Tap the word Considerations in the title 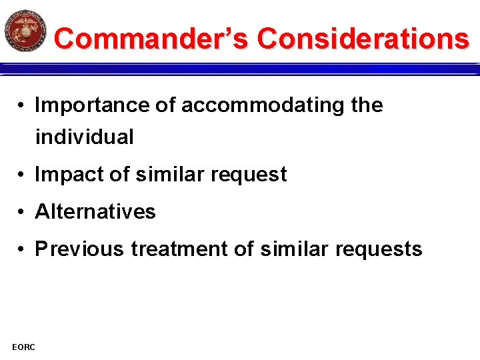click(x=363, y=38)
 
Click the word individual click(x=85, y=137)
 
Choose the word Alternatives click(x=95, y=212)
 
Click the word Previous click(x=79, y=249)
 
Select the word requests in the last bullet click(x=385, y=249)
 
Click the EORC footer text click(x=24, y=346)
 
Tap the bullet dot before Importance click(x=22, y=106)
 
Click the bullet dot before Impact click(x=22, y=175)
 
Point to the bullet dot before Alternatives click(x=22, y=213)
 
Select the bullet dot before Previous click(x=22, y=250)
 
